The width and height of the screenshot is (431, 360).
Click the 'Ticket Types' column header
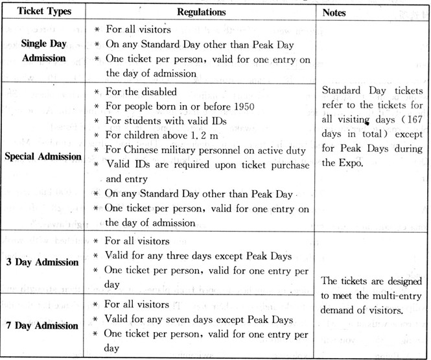click(x=45, y=12)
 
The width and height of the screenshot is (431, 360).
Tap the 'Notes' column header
click(x=335, y=12)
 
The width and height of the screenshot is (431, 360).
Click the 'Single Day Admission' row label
click(x=45, y=50)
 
